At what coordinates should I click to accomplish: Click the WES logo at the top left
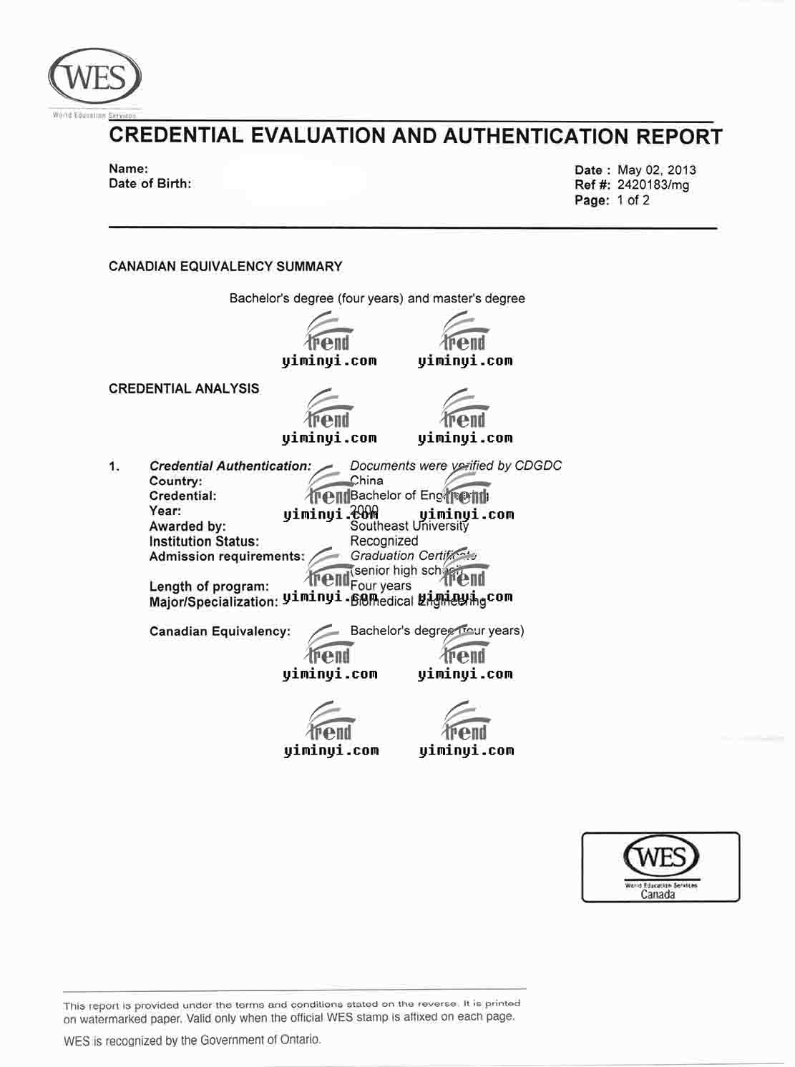pos(94,77)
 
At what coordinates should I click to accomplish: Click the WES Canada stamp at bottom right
pos(660,866)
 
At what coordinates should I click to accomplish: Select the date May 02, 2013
pos(656,170)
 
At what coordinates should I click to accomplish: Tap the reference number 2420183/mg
pos(653,185)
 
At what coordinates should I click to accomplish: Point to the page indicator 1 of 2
pos(633,200)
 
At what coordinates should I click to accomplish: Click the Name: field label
pos(128,169)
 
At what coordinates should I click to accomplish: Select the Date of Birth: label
pos(150,184)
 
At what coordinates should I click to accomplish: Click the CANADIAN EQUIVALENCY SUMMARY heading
pos(225,267)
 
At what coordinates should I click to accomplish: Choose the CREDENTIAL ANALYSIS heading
pos(184,389)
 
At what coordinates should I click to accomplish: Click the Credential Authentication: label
pos(230,466)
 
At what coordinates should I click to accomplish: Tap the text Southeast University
pos(409,526)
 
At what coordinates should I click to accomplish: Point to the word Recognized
pos(384,541)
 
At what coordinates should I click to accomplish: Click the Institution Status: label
pos(204,542)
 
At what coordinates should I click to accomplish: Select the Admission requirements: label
pos(226,556)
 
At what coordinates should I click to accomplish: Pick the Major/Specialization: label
pos(213,602)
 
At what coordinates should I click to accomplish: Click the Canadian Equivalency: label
pos(220,631)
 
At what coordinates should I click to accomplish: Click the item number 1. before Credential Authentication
pos(114,467)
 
